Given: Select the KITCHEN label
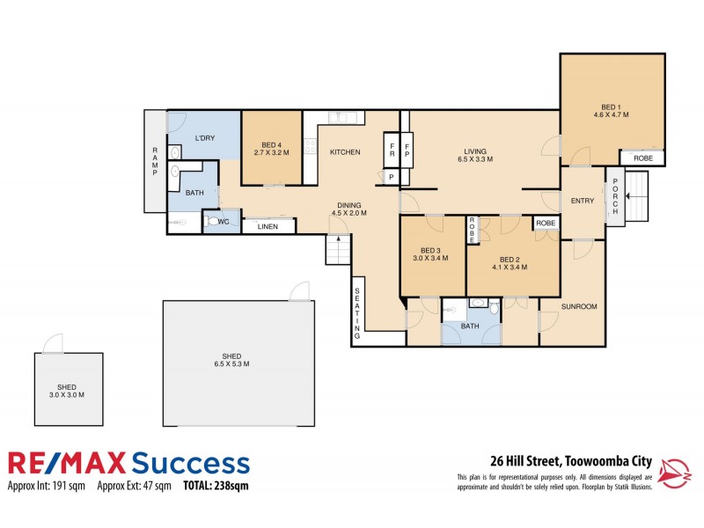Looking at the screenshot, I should point(345,152).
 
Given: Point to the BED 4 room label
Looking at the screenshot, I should point(272,149).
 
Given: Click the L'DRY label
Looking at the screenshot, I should point(205,139).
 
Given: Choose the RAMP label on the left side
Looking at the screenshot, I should point(154,161).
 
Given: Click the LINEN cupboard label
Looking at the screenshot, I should point(268,227).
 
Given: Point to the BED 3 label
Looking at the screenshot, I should point(431,254).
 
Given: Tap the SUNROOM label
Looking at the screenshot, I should point(580,306).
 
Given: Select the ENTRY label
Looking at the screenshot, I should point(583,201).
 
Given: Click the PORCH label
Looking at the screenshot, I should point(614,197).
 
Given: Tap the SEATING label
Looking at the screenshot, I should point(358,312).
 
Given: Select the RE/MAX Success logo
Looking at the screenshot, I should point(128,463).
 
